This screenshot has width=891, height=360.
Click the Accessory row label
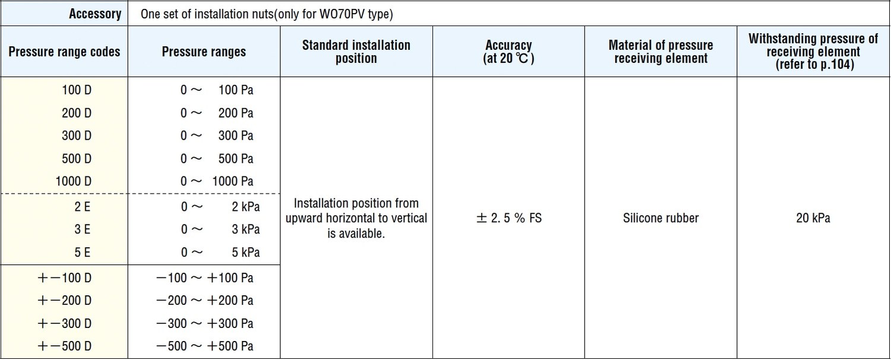(95, 14)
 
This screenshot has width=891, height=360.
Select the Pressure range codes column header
(64, 52)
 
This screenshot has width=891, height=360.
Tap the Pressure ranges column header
(204, 52)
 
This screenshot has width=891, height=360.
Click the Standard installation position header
(356, 52)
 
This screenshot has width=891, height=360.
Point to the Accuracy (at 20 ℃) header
(508, 52)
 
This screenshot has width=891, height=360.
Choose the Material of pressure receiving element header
(661, 52)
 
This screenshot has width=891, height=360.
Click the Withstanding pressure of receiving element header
(813, 52)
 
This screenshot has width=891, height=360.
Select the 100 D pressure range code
(77, 90)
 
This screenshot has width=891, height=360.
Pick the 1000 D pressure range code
(74, 181)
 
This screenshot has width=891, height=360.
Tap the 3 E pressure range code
(83, 229)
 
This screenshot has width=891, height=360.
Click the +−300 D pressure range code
(64, 323)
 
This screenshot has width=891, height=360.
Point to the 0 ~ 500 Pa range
(217, 159)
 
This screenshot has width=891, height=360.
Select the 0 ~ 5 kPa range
(220, 252)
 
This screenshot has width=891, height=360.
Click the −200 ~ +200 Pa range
(204, 301)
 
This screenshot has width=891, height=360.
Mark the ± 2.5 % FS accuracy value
(508, 218)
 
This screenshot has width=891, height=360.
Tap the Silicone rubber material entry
(661, 218)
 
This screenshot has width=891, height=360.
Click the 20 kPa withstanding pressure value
(813, 218)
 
